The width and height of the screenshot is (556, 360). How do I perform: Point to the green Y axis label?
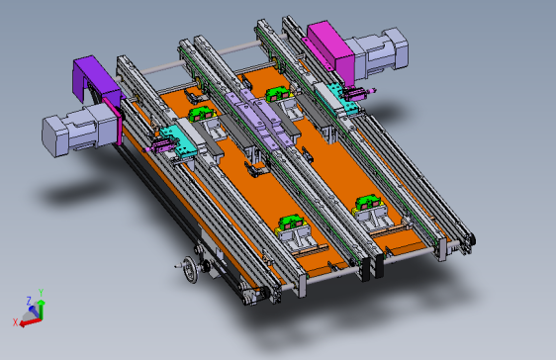click(42, 293)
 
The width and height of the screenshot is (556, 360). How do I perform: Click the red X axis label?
click(15, 322)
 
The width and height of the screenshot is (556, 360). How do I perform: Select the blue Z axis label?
click(29, 301)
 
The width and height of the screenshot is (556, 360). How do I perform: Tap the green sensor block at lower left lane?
click(292, 223)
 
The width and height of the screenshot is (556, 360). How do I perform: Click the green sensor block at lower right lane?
click(368, 202)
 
